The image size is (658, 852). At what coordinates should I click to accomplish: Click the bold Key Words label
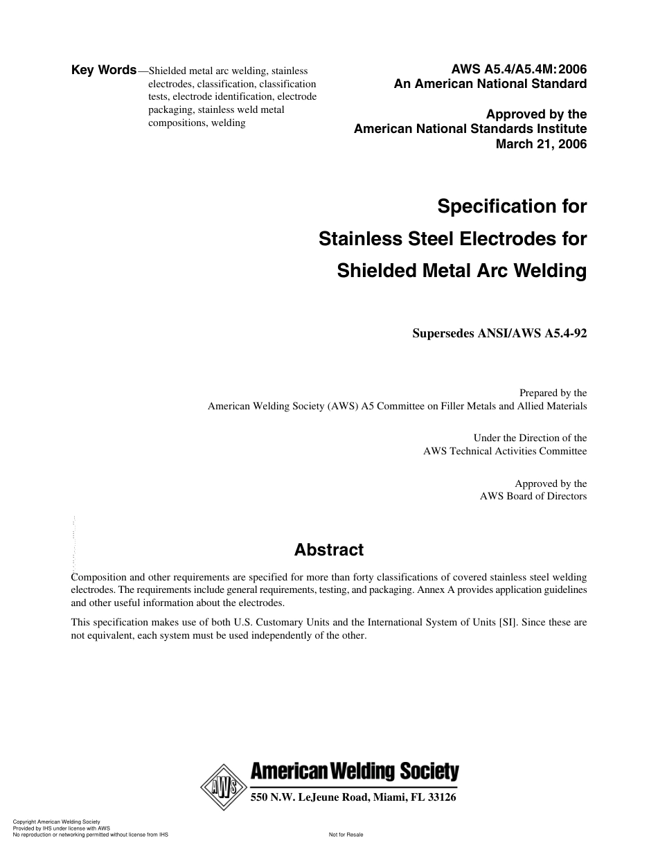pos(104,70)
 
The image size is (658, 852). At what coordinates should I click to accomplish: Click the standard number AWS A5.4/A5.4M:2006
pos(519,69)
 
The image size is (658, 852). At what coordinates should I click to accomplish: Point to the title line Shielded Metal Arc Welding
pos(461,270)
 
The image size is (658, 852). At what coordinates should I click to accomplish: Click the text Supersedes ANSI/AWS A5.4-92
pos(499,332)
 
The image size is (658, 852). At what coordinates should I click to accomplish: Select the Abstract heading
pos(328,550)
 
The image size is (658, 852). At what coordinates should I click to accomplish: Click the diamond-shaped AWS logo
pos(224,788)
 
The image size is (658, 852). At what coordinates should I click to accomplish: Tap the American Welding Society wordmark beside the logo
pos(354,772)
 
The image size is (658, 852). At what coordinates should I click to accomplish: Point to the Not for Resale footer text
pos(346,835)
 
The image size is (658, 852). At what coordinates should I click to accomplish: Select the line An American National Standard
pos(490,85)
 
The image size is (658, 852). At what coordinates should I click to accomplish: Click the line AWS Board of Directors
pos(533,496)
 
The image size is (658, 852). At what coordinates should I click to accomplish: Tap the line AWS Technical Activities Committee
pos(505,451)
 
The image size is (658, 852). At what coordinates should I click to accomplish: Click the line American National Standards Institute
pos(470,129)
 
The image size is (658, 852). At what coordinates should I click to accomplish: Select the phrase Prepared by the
pos(553,393)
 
